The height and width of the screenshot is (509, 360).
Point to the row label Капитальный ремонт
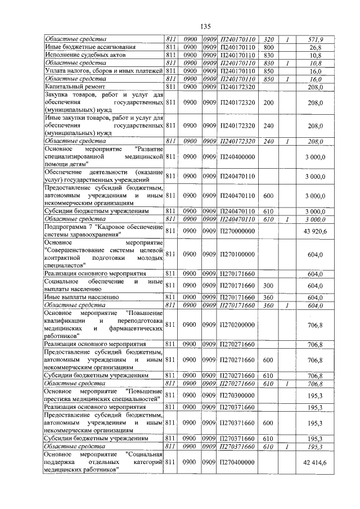point(71,87)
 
